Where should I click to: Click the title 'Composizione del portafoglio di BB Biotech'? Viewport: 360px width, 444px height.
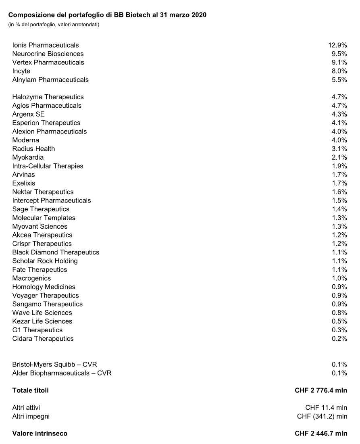tap(107, 15)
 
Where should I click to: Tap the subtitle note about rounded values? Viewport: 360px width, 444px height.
tap(54, 25)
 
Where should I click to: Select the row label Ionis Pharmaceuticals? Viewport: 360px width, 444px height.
tap(46, 45)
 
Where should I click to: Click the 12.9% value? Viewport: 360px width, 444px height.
tap(337, 45)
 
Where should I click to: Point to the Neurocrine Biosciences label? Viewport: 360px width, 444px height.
tap(48, 54)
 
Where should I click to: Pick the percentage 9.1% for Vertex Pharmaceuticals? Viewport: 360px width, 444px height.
tap(339, 63)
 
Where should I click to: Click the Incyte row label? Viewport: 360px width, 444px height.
tap(21, 71)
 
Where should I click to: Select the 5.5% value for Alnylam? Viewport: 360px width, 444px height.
tap(339, 80)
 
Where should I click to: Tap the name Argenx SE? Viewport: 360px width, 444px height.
tap(29, 114)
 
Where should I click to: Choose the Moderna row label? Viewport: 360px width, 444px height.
tap(26, 140)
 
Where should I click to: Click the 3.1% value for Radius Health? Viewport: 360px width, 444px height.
tap(339, 149)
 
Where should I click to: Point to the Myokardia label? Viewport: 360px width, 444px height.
tap(28, 157)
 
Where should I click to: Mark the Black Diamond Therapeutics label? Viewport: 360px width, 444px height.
tap(56, 252)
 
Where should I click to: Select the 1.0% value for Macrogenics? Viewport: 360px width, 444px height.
tap(339, 278)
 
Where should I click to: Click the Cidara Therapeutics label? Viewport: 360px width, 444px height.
tap(43, 338)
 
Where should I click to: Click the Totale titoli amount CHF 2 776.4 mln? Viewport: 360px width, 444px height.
tap(321, 390)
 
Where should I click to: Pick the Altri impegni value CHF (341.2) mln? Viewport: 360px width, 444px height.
tap(322, 416)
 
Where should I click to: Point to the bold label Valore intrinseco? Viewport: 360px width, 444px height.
tap(40, 434)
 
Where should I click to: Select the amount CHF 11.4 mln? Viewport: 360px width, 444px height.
tap(326, 408)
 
